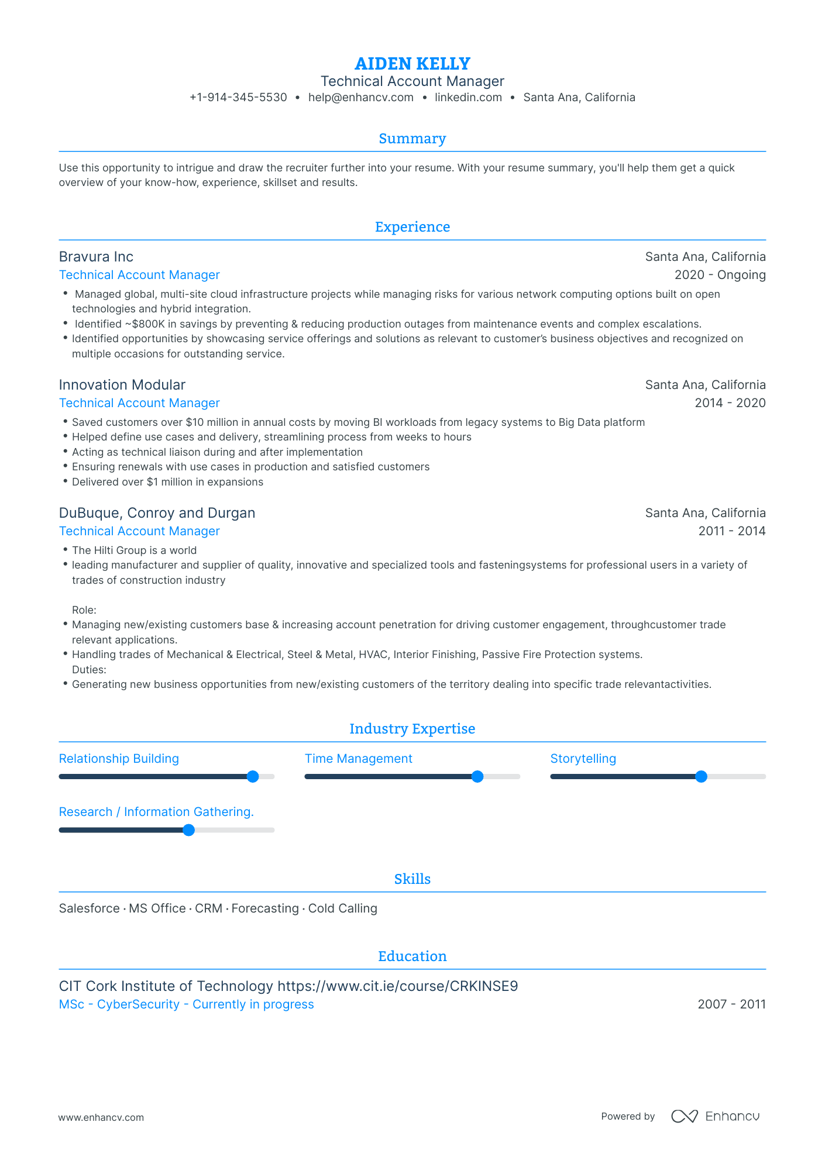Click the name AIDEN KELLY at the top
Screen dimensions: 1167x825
pyautogui.click(x=412, y=63)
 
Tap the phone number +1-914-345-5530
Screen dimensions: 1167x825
pyautogui.click(x=238, y=98)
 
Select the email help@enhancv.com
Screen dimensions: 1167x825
pyautogui.click(x=360, y=98)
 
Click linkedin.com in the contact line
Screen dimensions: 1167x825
pyautogui.click(x=468, y=98)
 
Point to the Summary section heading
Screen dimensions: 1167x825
pyautogui.click(x=412, y=139)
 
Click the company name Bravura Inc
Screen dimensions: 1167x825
pyautogui.click(x=96, y=257)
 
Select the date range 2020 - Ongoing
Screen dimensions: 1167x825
pyautogui.click(x=720, y=275)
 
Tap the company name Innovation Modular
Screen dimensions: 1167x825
pyautogui.click(x=122, y=385)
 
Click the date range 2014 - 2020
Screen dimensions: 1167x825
pyautogui.click(x=730, y=403)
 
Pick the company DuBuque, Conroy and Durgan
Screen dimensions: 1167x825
pyautogui.click(x=157, y=513)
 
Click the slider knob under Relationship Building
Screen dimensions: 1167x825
pyautogui.click(x=253, y=777)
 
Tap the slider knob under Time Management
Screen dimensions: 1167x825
pyautogui.click(x=477, y=777)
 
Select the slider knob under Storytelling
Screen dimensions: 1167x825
pyautogui.click(x=701, y=777)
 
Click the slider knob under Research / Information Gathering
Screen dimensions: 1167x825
pyautogui.click(x=188, y=830)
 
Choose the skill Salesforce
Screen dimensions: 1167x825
pyautogui.click(x=89, y=908)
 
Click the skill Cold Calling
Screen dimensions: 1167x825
pyautogui.click(x=342, y=908)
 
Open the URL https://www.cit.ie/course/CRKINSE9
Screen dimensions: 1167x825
pyautogui.click(x=397, y=986)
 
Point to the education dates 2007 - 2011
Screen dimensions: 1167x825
pyautogui.click(x=731, y=1004)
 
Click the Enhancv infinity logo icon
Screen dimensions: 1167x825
pyautogui.click(x=684, y=1117)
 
